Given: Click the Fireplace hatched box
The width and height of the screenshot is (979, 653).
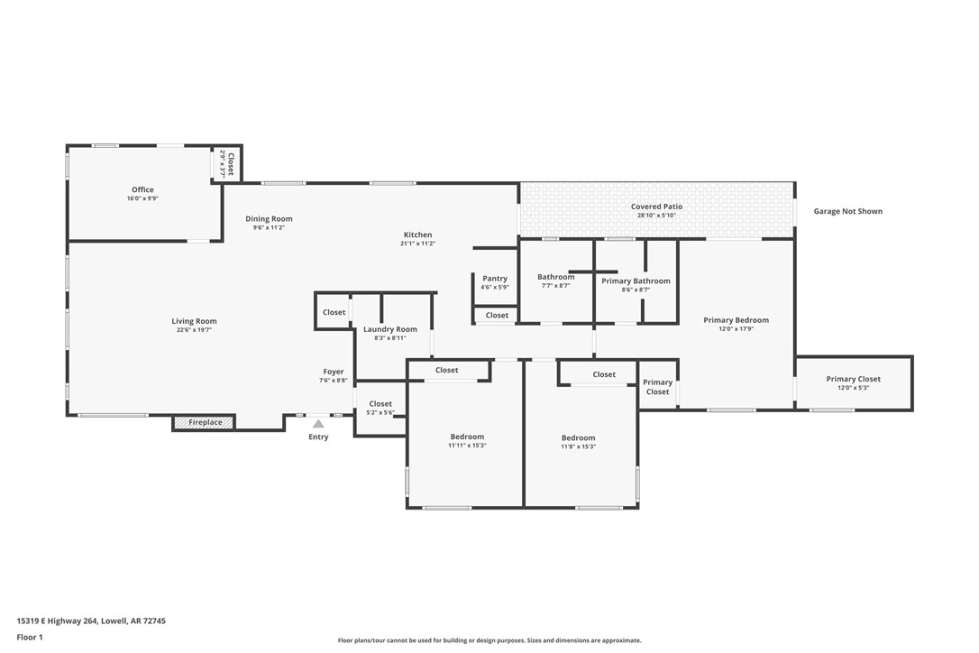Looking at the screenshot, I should (204, 422).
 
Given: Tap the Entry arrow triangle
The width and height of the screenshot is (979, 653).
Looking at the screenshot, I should (318, 423).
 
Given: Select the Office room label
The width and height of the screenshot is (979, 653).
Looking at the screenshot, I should (142, 189).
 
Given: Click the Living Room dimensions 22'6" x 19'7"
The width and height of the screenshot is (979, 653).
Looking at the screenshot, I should (194, 330).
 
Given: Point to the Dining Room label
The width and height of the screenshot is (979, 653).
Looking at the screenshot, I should (269, 219).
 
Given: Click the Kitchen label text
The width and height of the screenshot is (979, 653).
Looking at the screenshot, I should (417, 235).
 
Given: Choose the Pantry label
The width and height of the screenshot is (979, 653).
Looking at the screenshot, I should (495, 279).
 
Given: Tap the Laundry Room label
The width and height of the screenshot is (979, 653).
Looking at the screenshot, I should (390, 329).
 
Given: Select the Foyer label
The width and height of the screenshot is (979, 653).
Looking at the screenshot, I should (334, 372).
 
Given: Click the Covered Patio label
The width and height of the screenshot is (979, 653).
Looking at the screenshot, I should (656, 207).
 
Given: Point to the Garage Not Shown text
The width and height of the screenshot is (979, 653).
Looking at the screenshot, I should (847, 211).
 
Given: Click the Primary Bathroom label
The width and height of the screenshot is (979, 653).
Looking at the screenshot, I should (636, 281).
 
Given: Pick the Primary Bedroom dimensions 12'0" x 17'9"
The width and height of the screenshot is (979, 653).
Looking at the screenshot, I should (736, 329).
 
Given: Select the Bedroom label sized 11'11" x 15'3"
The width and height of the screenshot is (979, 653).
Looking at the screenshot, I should (467, 437).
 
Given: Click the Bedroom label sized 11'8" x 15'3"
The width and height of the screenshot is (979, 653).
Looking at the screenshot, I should (578, 438).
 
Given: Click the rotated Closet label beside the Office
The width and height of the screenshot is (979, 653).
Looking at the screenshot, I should (231, 163).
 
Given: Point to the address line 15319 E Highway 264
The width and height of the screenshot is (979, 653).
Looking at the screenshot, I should (91, 621).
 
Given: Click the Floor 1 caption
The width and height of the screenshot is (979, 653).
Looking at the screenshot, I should (30, 637).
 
